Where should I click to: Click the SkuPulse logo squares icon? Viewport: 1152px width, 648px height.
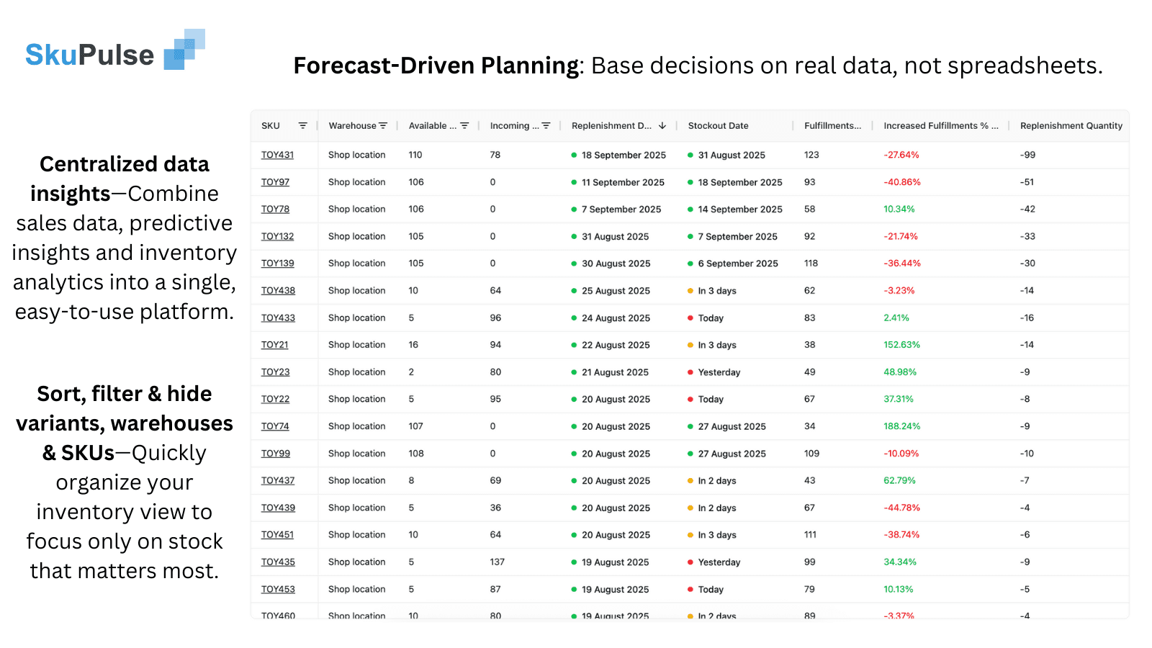tap(185, 50)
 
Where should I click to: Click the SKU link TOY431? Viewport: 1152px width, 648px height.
tap(277, 155)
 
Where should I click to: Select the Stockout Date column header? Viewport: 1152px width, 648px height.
tap(718, 126)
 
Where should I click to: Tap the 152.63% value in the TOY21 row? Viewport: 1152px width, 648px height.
tap(901, 345)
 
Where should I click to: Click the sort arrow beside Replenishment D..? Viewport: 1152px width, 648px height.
tap(662, 126)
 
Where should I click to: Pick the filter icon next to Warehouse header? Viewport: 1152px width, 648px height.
tap(383, 126)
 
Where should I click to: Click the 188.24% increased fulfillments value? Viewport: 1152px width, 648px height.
tap(901, 426)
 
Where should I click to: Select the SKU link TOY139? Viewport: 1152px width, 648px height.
tap(277, 264)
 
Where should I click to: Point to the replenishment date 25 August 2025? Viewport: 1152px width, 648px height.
tap(616, 291)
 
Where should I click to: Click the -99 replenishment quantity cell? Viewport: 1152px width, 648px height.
tap(1027, 155)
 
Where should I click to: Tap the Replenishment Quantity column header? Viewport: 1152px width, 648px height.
tap(1071, 126)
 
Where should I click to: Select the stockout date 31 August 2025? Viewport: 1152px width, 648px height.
tap(731, 156)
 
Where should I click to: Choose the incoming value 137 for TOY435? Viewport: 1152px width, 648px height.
tap(498, 562)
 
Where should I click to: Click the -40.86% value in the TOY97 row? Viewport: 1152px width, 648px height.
tap(901, 182)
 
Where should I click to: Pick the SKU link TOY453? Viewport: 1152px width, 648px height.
tap(278, 590)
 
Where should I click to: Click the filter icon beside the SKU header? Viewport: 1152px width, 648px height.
tap(303, 126)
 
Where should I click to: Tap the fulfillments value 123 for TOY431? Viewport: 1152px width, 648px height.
tap(811, 155)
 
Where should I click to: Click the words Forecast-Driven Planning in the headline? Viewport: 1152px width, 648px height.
tap(436, 66)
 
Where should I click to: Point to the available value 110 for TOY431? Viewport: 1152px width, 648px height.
tap(415, 155)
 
